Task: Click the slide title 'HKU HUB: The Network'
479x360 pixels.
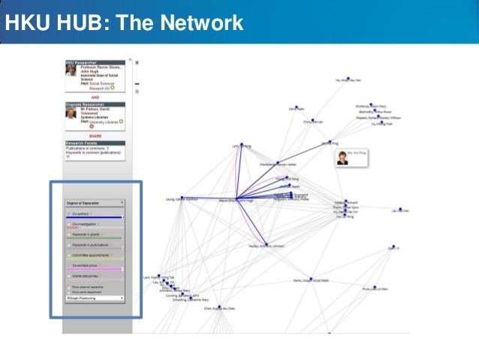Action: tap(124, 23)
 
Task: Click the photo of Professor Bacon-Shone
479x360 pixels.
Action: tap(71, 70)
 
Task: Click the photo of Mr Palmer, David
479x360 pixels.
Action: tap(71, 115)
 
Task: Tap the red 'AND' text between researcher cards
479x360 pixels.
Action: tap(95, 97)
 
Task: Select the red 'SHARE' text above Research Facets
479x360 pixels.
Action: tap(95, 136)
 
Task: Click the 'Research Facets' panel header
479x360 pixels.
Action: tap(95, 143)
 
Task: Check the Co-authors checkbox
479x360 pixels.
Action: tap(68, 214)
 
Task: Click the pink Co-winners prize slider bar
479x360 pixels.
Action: tap(95, 269)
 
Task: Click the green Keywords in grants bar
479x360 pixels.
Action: tap(95, 237)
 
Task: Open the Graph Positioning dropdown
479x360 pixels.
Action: tap(95, 298)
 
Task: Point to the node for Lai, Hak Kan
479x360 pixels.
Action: tap(400, 210)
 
